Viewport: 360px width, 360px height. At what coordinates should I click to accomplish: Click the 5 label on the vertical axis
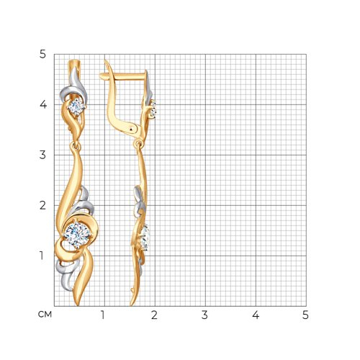point(42,55)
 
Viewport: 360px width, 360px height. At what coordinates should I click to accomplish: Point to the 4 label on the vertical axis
point(43,104)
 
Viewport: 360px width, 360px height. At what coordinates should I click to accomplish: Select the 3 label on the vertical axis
point(42,155)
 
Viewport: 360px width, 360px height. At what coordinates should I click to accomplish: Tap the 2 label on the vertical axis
point(42,205)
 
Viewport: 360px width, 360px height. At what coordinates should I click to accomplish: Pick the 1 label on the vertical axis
point(42,256)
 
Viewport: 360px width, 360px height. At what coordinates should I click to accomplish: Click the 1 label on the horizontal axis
point(103,315)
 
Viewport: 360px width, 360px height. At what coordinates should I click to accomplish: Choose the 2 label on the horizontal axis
point(154,315)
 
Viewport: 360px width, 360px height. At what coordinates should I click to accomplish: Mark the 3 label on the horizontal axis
point(204,315)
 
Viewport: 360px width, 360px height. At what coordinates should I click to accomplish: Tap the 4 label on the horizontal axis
point(256,315)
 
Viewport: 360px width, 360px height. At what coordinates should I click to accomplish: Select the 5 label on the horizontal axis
point(305,315)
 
